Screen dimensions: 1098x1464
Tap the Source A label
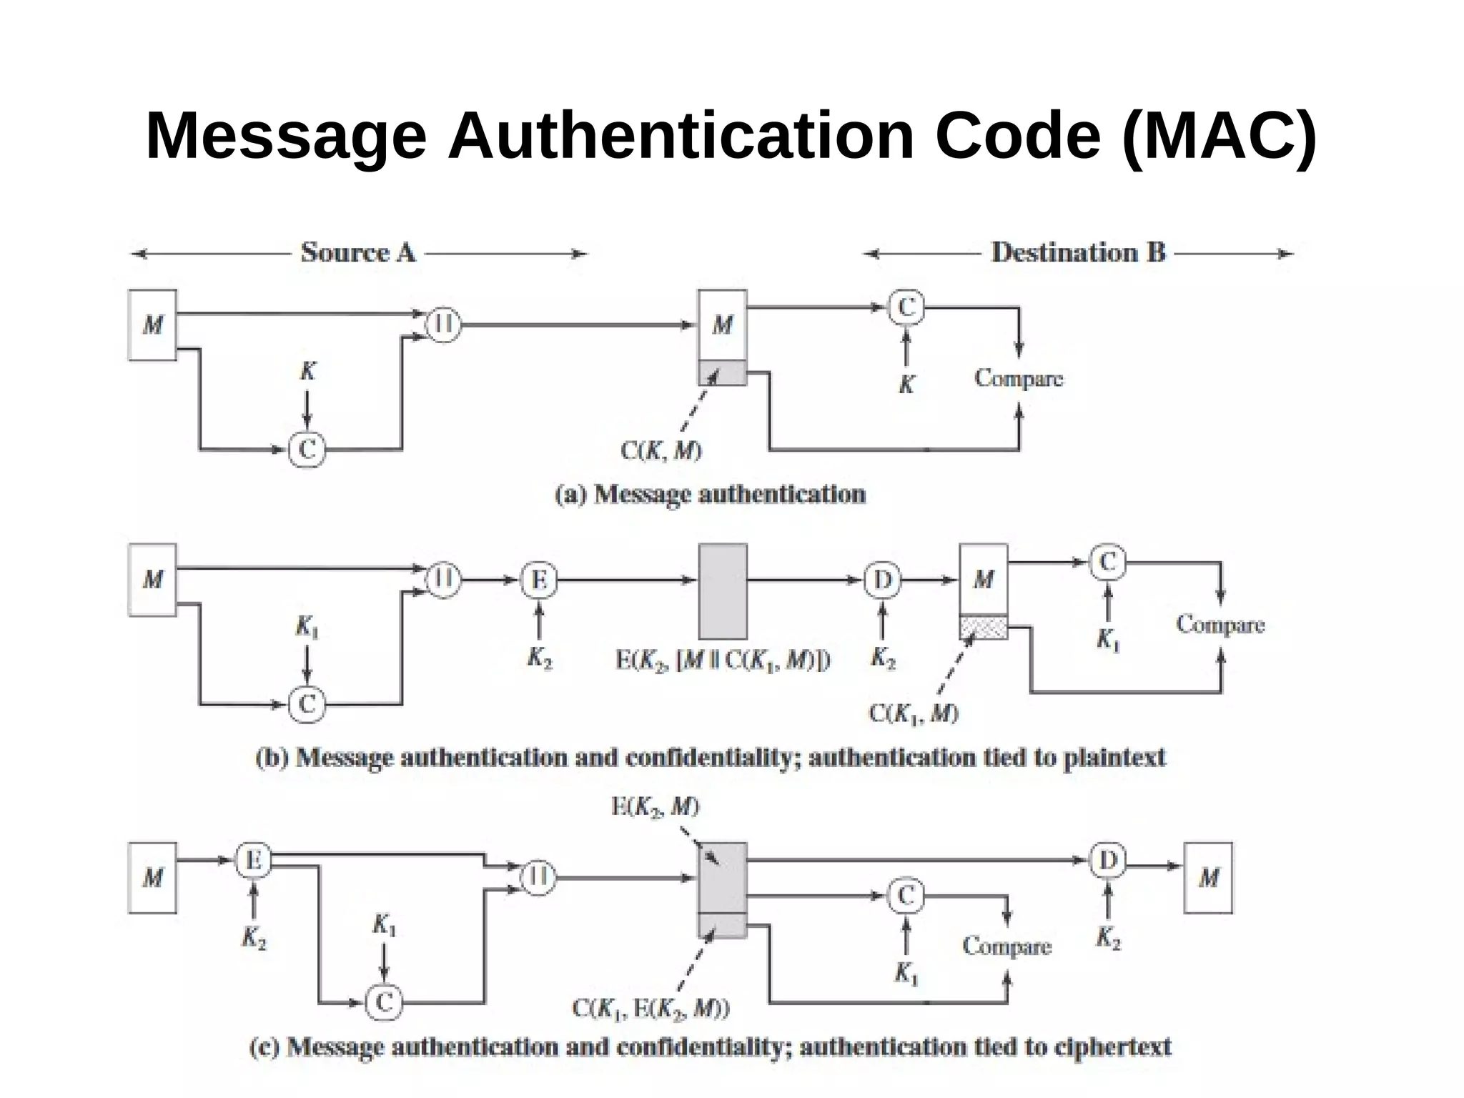(x=357, y=252)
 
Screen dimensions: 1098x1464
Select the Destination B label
(x=1078, y=252)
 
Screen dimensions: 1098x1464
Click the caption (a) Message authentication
(x=710, y=494)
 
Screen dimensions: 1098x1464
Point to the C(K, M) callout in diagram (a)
(x=661, y=451)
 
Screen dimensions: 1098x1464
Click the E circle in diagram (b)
(x=538, y=580)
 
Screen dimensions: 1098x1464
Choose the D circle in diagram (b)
(x=882, y=580)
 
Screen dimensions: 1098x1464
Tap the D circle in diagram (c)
(x=1107, y=860)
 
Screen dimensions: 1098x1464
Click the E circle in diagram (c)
(x=254, y=860)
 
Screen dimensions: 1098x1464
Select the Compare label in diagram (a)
(x=1019, y=378)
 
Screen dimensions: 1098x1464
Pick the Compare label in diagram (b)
(x=1220, y=625)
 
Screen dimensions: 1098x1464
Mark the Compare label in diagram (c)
(x=1006, y=946)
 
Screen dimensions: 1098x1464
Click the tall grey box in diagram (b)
(x=723, y=591)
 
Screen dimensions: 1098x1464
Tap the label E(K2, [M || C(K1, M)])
(x=723, y=661)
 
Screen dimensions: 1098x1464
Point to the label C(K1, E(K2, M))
(x=651, y=1009)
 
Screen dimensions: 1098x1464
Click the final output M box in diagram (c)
(x=1208, y=878)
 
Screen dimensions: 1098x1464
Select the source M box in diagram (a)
(x=152, y=325)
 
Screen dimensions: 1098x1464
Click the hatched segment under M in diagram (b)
(x=984, y=628)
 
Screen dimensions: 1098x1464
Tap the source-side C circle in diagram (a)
(x=307, y=450)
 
